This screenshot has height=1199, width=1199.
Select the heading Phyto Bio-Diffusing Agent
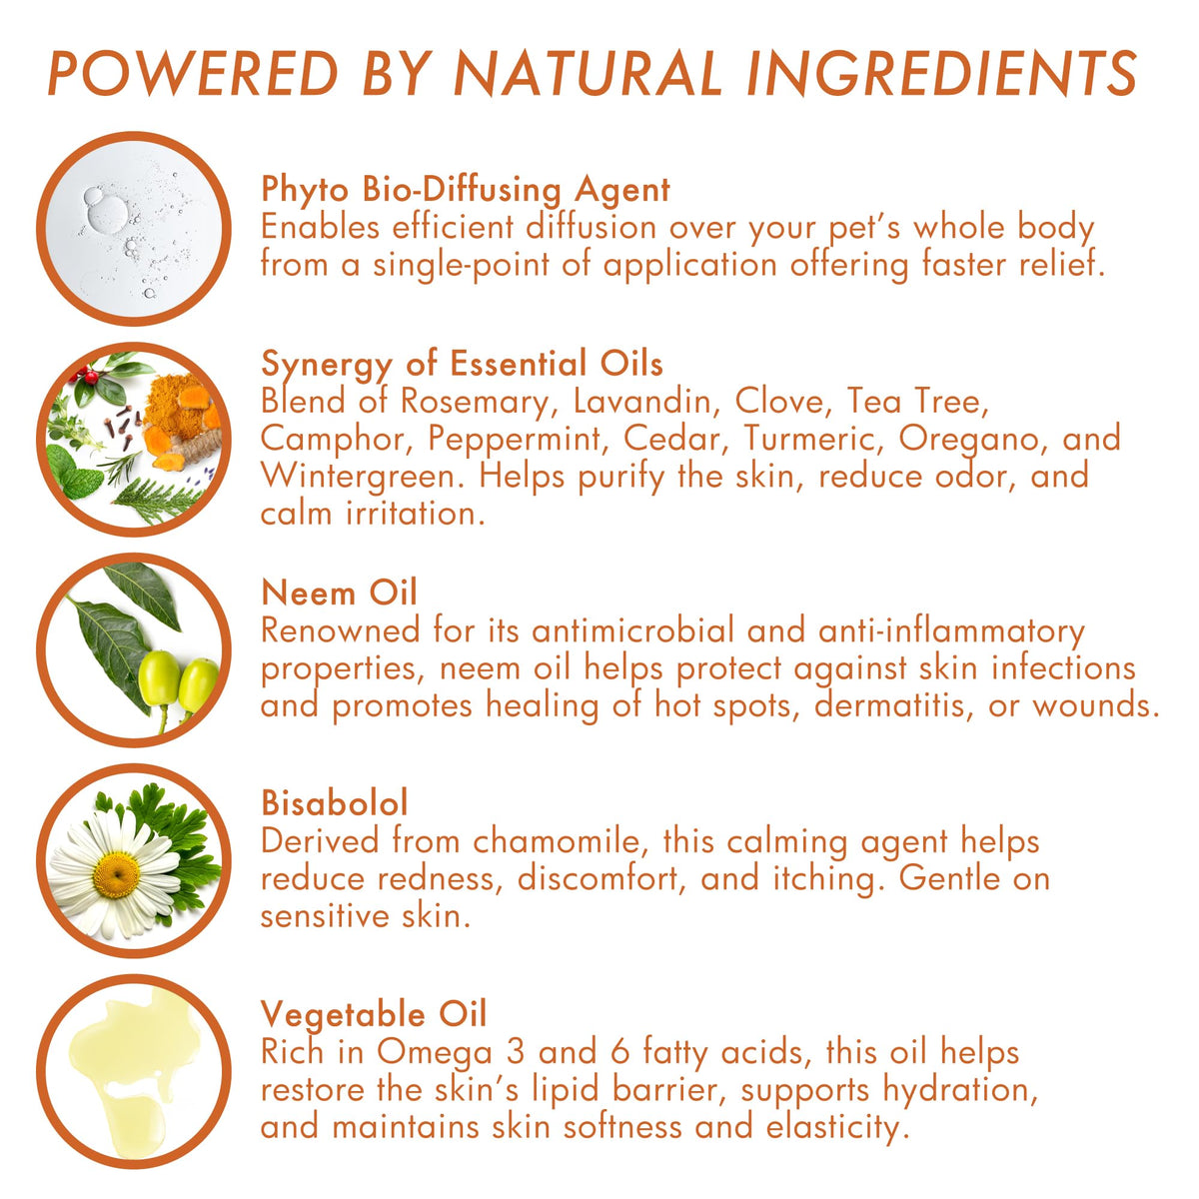pos(466,190)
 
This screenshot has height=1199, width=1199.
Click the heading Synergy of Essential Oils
pos(462,365)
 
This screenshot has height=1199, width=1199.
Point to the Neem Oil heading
pos(339,593)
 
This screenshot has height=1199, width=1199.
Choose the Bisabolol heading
pos(335,802)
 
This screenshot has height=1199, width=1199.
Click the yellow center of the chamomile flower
pos(116,875)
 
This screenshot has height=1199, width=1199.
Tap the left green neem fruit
pos(158,678)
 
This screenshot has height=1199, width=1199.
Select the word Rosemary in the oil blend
pos(476,402)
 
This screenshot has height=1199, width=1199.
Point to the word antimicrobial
pos(633,630)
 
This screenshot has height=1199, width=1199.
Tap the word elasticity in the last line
pos(833,1128)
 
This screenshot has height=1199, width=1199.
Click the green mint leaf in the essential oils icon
pos(75,472)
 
